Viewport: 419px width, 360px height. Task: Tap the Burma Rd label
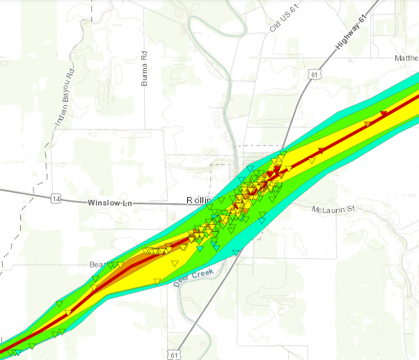145,68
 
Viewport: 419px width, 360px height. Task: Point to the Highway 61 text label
350,33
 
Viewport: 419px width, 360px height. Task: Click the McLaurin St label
333,208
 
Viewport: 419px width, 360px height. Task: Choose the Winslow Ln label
110,202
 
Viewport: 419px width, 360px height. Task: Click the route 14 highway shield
56,200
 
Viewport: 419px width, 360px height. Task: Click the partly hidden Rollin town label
199,201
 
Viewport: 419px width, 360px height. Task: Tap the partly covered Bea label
96,265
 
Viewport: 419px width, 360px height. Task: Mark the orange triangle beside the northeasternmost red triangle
368,123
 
